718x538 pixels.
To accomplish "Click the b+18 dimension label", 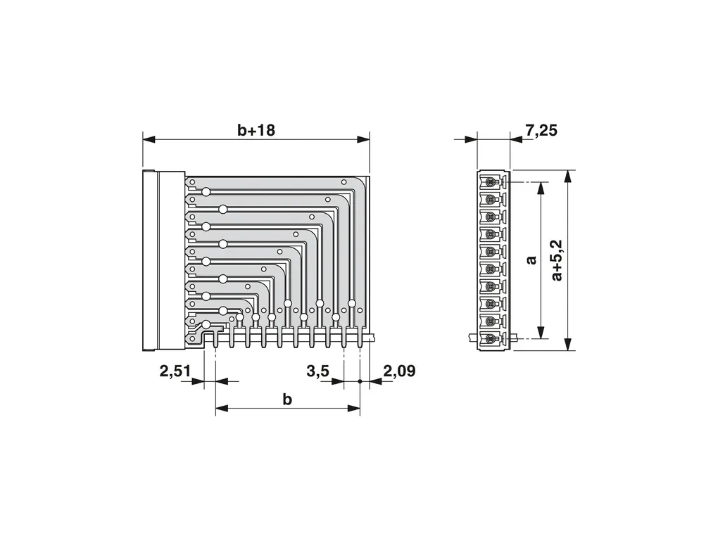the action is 256,130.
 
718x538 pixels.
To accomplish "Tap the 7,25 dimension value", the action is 541,130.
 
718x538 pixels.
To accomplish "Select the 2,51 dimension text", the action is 175,371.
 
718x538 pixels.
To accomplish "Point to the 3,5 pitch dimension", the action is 317,371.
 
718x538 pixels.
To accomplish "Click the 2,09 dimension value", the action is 399,371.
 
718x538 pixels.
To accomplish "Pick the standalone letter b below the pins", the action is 287,399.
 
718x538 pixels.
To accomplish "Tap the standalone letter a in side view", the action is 531,260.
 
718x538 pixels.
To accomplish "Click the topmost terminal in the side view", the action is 491,182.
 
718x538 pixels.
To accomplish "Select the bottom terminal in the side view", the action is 491,339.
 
